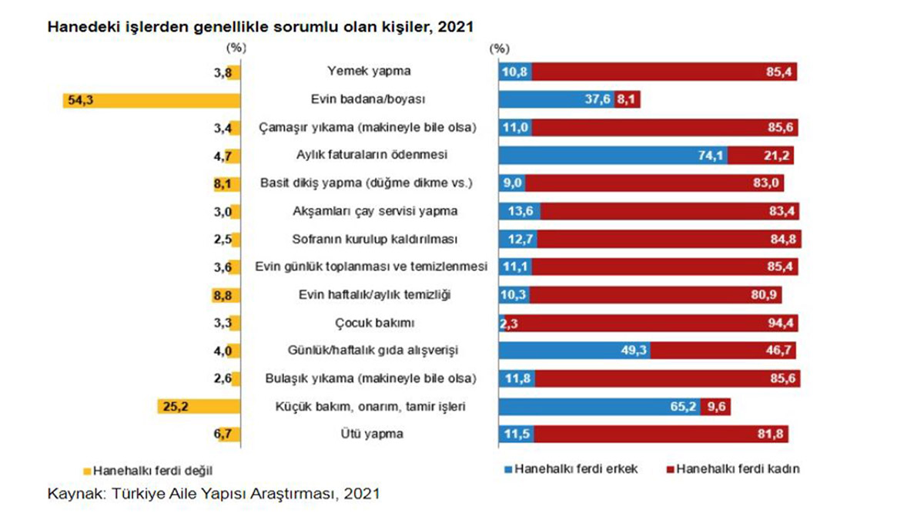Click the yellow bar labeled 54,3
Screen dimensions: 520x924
(x=154, y=100)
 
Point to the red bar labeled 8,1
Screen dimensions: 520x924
(x=628, y=100)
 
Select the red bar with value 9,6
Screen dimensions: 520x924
(x=715, y=407)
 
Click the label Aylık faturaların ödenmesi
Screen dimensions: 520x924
(x=366, y=156)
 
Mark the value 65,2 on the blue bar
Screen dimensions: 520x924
(x=683, y=407)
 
